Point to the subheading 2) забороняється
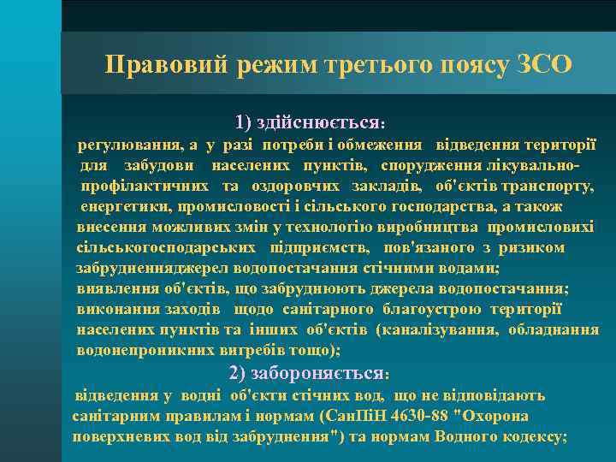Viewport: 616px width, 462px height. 310,373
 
